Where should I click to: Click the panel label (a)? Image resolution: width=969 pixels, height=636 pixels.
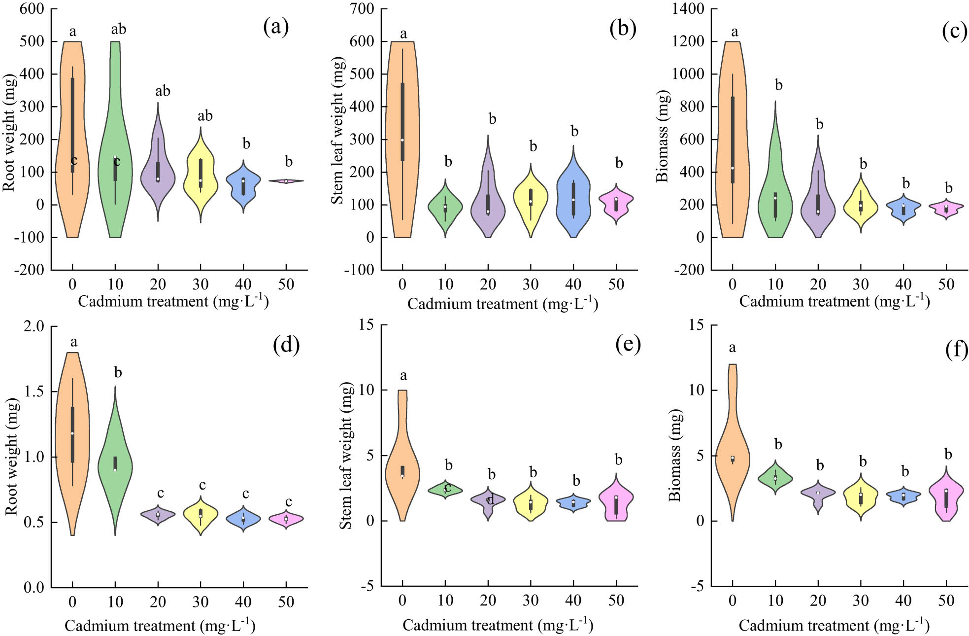276,27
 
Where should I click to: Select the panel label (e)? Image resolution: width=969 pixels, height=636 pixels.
628,344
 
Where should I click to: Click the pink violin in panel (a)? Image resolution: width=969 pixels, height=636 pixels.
286,181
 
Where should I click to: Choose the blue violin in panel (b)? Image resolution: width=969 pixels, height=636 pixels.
573,197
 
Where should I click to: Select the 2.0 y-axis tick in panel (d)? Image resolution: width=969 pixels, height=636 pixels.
34,326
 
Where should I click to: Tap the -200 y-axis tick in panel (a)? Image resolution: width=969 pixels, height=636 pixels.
31,270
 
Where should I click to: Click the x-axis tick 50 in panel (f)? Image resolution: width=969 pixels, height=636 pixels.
946,601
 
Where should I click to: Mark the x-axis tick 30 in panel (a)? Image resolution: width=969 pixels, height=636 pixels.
200,284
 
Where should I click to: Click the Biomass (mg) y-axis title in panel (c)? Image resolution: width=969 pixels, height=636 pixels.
663,136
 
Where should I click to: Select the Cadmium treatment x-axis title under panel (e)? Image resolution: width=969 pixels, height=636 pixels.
498,625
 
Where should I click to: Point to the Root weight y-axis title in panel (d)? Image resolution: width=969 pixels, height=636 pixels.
12,456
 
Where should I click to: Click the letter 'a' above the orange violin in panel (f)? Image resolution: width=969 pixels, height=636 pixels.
733,348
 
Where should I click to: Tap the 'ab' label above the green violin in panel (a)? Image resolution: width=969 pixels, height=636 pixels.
118,30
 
